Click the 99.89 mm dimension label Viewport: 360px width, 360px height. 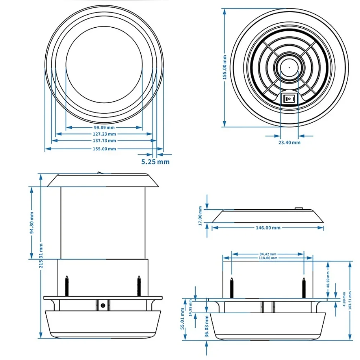point(104,127)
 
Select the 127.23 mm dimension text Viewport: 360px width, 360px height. point(104,134)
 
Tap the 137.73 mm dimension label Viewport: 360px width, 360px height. point(104,141)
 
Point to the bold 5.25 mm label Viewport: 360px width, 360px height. point(155,162)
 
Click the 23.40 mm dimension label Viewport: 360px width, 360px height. point(289,142)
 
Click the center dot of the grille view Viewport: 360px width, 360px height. point(289,67)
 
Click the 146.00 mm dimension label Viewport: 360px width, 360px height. point(268,228)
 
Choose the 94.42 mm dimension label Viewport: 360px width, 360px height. point(268,254)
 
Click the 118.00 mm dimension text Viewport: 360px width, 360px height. point(268,258)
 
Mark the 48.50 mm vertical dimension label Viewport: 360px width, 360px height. point(328,279)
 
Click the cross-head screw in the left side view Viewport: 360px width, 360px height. point(103,305)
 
